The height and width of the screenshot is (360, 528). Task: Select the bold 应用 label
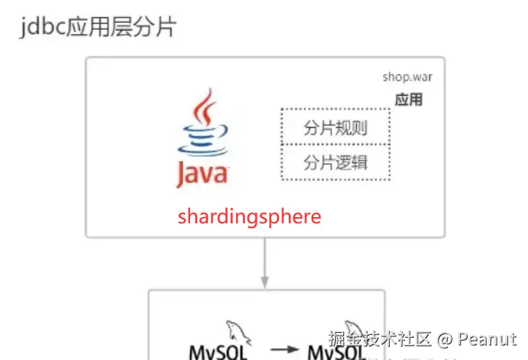(x=409, y=100)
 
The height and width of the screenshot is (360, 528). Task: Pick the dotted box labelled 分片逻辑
(x=335, y=163)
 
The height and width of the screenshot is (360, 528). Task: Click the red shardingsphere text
(x=249, y=216)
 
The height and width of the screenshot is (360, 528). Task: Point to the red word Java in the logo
(x=201, y=173)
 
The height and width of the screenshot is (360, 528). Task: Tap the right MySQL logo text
(x=337, y=352)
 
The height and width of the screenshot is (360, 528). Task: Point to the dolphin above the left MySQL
(x=238, y=332)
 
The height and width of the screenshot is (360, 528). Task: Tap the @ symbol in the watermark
(x=445, y=339)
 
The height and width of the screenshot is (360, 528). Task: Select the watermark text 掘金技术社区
(x=381, y=339)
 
